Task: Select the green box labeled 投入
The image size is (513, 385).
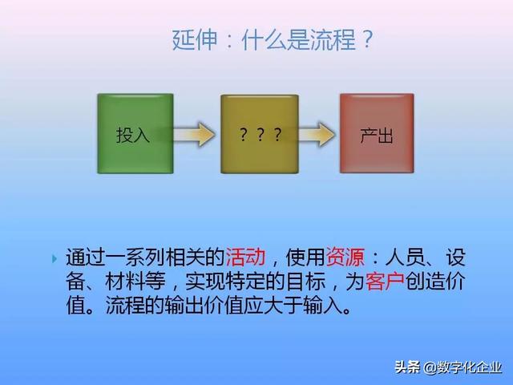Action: (133, 133)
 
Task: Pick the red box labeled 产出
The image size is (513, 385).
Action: (377, 133)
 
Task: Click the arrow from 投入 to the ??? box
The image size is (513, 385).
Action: (195, 134)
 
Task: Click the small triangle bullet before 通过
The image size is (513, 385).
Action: (55, 258)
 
